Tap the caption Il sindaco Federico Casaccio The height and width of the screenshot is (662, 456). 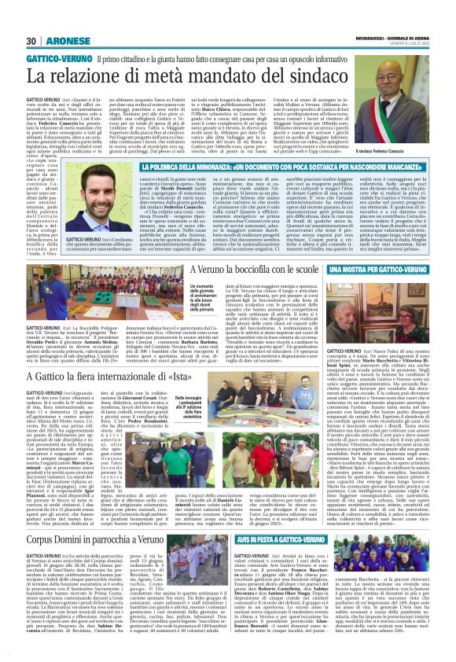coord(409,171)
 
